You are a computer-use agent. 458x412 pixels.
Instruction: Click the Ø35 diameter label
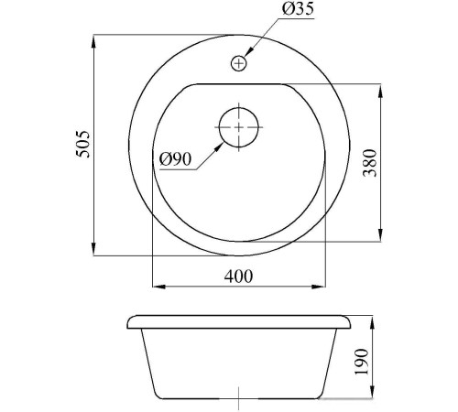[298, 8]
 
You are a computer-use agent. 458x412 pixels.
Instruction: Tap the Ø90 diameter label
[175, 159]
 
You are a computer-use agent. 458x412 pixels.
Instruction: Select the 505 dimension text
[83, 145]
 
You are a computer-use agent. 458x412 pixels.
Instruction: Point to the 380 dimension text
[370, 163]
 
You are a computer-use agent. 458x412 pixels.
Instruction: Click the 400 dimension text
[238, 276]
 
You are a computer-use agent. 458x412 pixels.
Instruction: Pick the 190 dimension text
[362, 362]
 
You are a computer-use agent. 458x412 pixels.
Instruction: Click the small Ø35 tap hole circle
[238, 63]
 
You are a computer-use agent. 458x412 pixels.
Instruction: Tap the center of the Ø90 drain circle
[239, 127]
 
